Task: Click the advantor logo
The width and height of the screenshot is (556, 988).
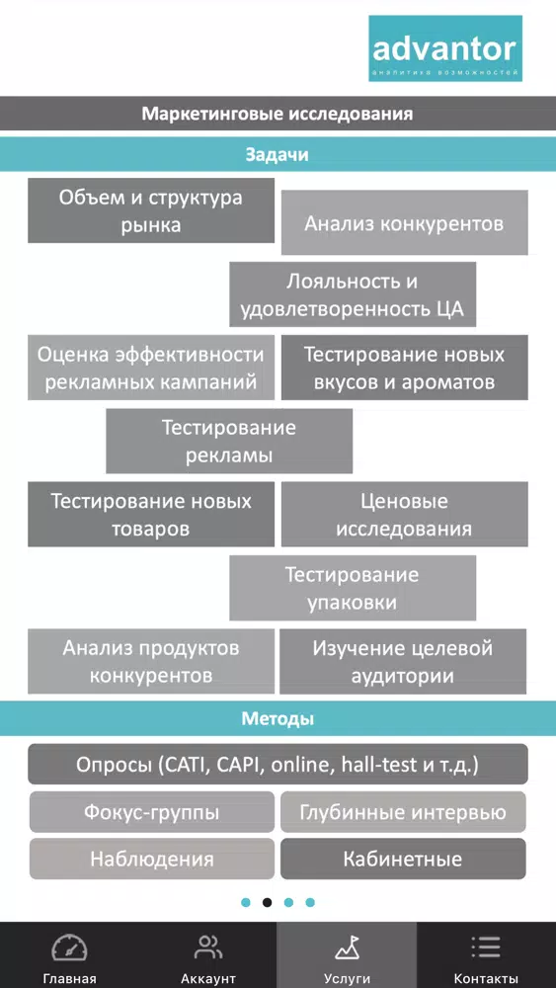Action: [x=445, y=48]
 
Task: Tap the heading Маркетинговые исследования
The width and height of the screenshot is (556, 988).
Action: [x=278, y=114]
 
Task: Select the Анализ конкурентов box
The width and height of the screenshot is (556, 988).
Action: [x=404, y=223]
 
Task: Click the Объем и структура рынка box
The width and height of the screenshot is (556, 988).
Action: [x=151, y=210]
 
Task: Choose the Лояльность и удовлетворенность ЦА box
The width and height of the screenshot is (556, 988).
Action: [x=353, y=294]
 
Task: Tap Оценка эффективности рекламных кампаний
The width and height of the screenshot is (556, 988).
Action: [x=151, y=368]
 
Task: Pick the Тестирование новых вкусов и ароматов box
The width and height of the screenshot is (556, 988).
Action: [x=404, y=368]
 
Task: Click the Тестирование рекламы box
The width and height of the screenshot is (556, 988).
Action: [x=229, y=441]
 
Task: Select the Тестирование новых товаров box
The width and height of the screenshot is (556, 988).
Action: [x=151, y=514]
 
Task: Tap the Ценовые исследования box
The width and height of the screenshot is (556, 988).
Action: [x=404, y=514]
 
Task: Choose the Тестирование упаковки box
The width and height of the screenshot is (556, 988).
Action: [x=353, y=588]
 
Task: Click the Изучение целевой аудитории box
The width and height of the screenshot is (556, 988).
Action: [x=403, y=662]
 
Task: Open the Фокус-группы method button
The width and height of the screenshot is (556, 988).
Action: [x=152, y=811]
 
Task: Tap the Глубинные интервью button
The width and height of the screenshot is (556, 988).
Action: [x=403, y=811]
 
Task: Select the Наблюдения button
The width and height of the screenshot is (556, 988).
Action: [x=152, y=859]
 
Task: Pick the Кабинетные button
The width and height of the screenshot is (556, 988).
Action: [x=403, y=859]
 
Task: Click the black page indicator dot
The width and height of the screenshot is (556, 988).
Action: [x=267, y=902]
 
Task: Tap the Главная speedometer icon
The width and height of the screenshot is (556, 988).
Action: [x=69, y=947]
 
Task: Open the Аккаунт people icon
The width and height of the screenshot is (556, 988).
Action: [x=208, y=947]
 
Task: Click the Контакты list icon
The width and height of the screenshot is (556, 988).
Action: [x=486, y=947]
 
